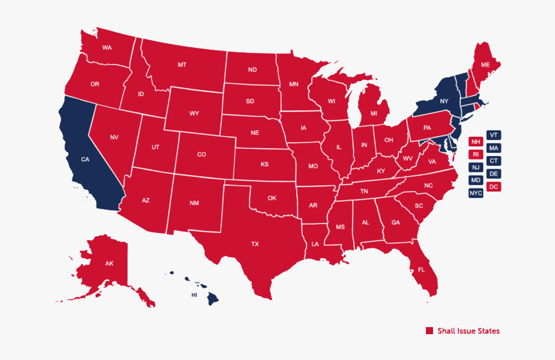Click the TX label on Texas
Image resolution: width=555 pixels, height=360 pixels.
tap(255, 244)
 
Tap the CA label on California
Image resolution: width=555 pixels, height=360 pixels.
tap(85, 159)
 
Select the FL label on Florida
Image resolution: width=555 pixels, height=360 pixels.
tap(421, 270)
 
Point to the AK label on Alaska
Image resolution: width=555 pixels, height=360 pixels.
tap(109, 263)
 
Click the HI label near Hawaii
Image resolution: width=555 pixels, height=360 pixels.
tap(194, 294)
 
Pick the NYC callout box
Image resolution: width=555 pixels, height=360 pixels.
tap(476, 193)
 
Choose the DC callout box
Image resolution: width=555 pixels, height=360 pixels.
tap(494, 186)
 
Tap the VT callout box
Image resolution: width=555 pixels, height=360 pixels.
tap(494, 135)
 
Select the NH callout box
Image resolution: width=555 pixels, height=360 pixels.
tap(476, 141)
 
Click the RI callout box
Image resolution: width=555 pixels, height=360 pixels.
tap(476, 154)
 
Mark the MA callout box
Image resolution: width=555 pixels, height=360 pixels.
tap(494, 148)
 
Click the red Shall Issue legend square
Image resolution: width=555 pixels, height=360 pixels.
tap(429, 331)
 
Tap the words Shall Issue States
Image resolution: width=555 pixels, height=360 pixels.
tap(469, 331)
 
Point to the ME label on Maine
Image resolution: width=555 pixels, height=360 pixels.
tap(485, 66)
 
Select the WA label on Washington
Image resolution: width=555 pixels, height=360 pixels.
tap(107, 48)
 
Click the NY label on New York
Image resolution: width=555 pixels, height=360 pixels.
tap(444, 102)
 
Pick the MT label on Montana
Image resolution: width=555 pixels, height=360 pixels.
tap(182, 65)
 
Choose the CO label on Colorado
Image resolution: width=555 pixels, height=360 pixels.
tap(201, 154)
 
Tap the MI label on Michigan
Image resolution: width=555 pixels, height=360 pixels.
tap(374, 114)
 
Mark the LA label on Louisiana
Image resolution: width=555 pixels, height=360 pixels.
tap(315, 244)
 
